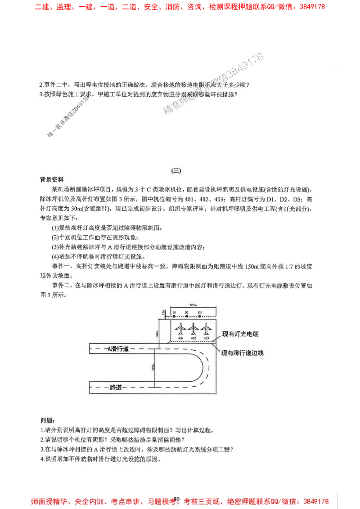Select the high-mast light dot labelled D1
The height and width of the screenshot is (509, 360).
[x=174, y=317]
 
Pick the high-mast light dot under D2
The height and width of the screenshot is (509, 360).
[x=187, y=317]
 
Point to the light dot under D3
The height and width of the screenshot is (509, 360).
[x=200, y=317]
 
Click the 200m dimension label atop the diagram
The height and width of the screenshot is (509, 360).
[x=193, y=306]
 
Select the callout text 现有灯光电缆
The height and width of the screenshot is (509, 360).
[x=243, y=335]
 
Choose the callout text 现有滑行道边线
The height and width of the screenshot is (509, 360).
[x=242, y=353]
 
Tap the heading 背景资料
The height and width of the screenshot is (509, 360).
[x=52, y=179]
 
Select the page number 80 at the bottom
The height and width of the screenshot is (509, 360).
[x=176, y=499]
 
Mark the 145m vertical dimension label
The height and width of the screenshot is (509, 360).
[x=159, y=333]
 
